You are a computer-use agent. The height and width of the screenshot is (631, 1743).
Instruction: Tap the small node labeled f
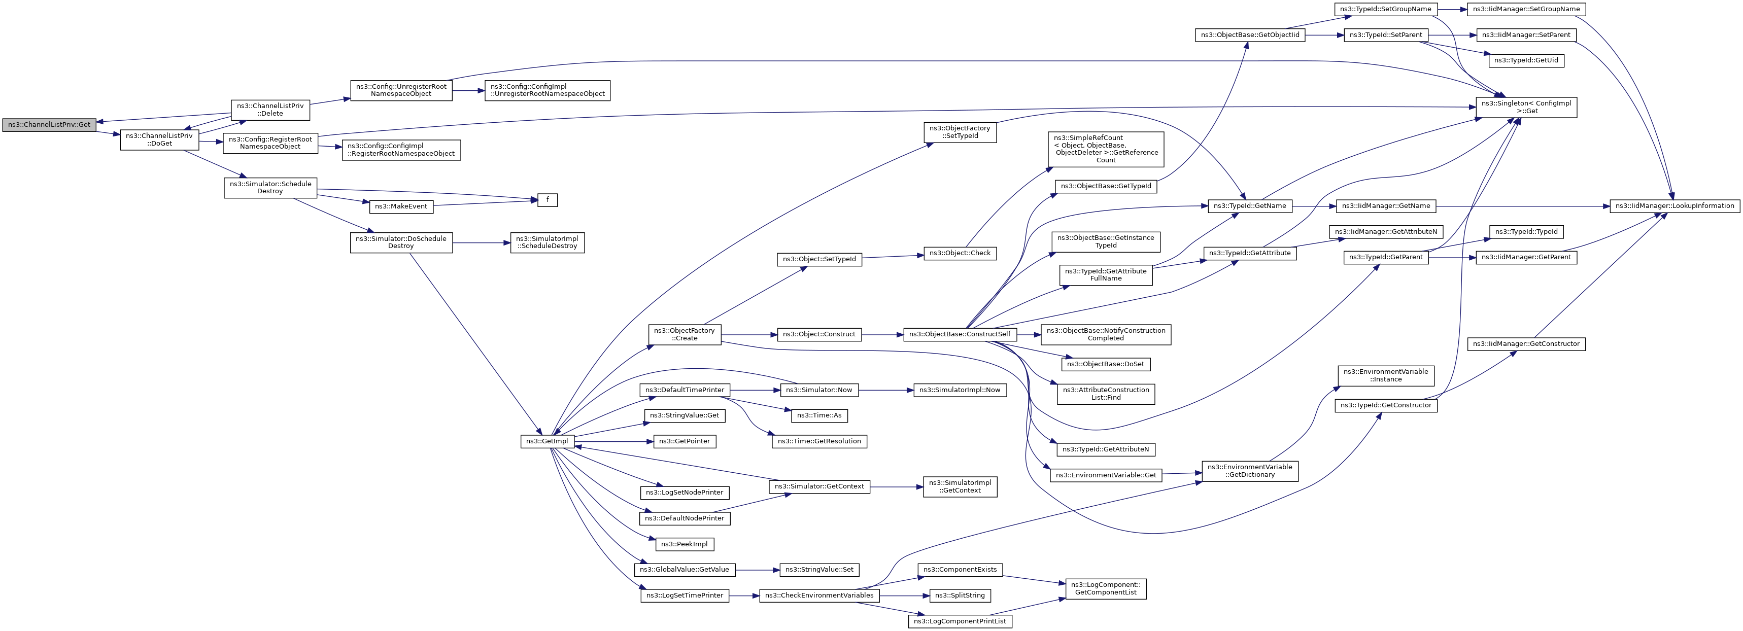tap(548, 200)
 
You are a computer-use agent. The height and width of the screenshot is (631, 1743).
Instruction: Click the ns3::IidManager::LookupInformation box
tap(1674, 205)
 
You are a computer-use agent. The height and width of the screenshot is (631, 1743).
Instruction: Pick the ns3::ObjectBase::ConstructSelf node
tap(960, 334)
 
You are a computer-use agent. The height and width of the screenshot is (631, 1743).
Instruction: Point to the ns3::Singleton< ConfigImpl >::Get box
tap(1526, 107)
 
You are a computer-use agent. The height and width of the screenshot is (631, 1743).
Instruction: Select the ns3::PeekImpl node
tap(685, 544)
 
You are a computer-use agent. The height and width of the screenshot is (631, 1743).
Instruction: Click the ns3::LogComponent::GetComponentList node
tap(1106, 588)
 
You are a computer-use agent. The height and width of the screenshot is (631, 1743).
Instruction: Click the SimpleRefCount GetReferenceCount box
tap(1106, 149)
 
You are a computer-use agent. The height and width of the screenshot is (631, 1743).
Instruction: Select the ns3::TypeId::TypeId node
tap(1526, 232)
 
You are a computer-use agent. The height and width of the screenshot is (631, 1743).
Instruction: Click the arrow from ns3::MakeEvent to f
tap(485, 203)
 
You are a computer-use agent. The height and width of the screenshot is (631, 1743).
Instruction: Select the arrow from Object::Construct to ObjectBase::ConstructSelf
tap(883, 334)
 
